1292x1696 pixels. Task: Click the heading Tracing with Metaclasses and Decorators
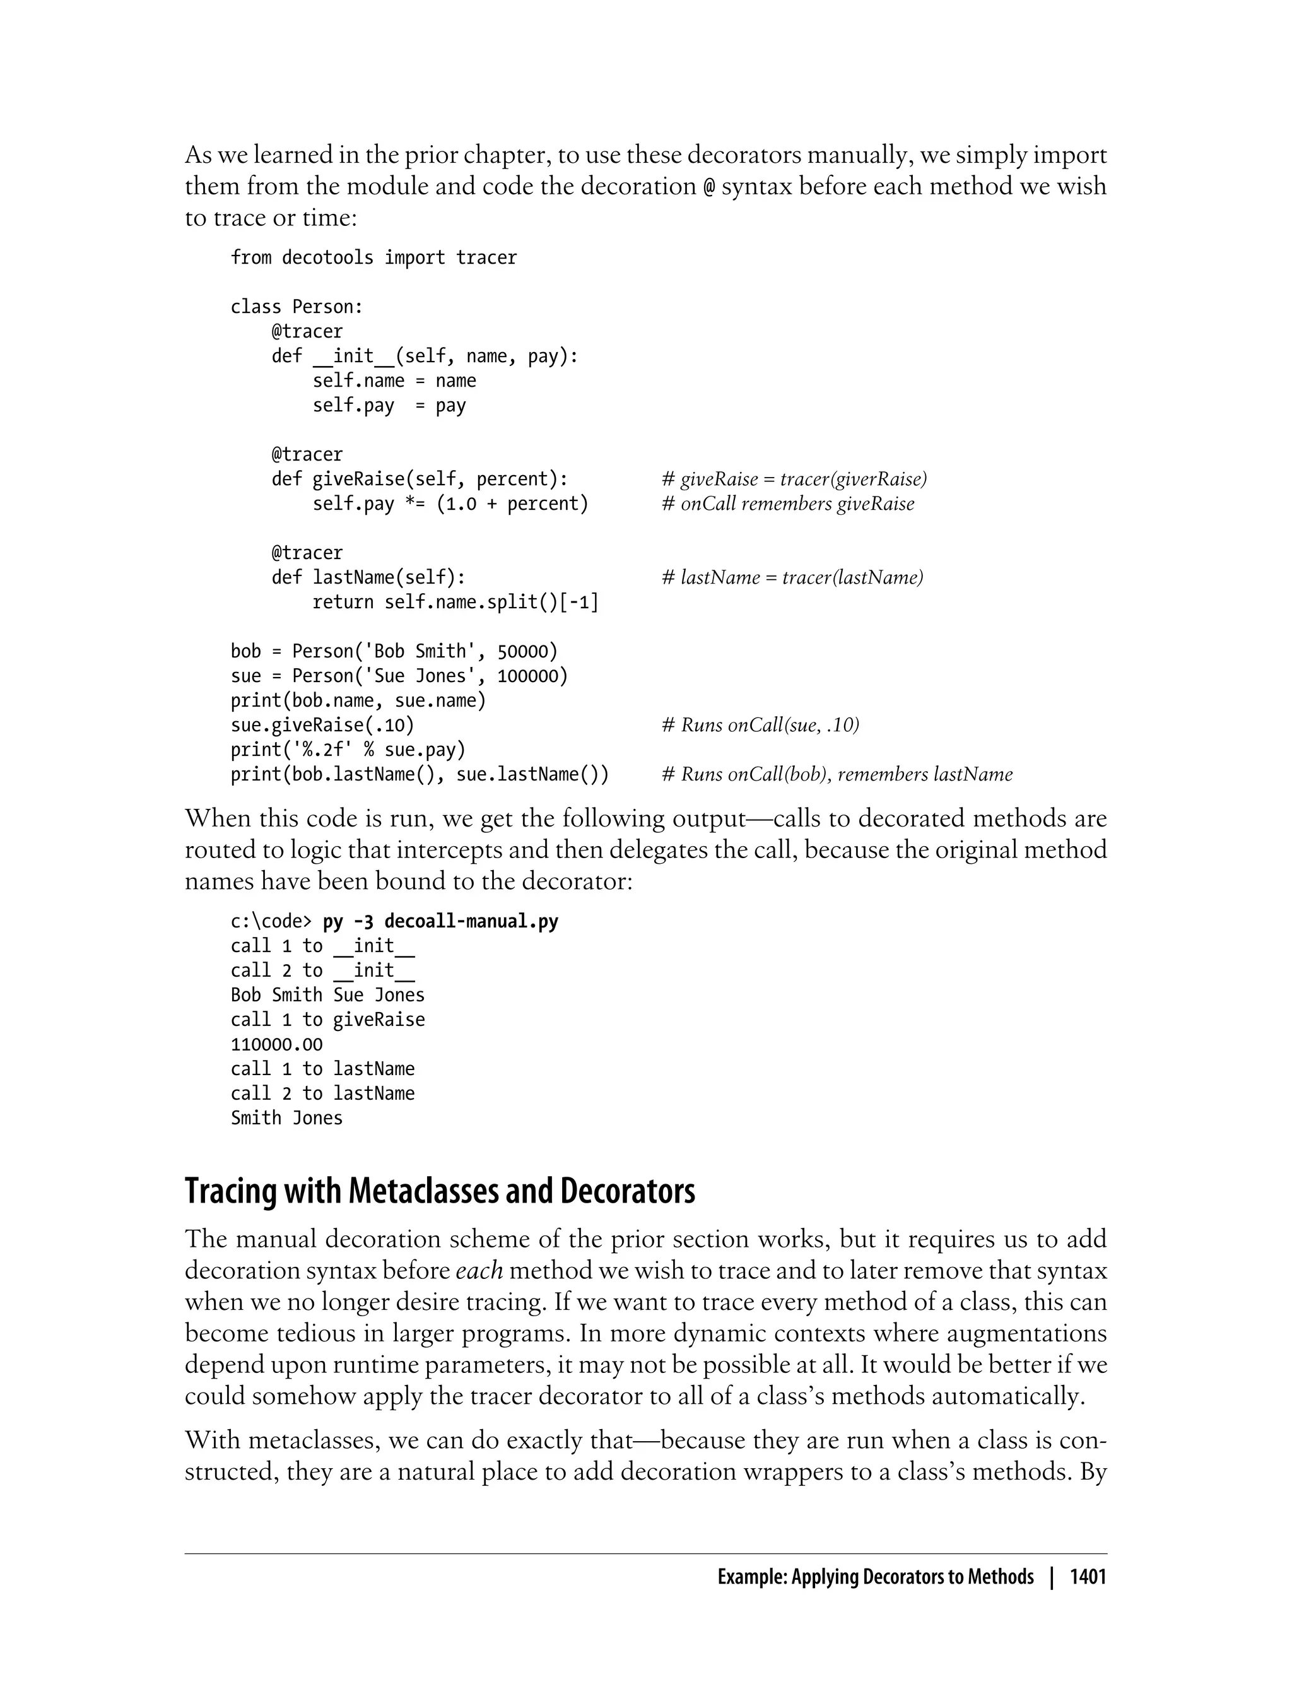(440, 1191)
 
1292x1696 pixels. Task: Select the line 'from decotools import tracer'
(373, 257)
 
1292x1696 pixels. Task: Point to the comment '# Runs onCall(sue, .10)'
(760, 726)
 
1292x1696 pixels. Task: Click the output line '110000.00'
(277, 1044)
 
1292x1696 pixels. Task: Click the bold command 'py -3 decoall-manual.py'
(441, 921)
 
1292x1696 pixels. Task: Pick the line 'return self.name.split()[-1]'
(455, 603)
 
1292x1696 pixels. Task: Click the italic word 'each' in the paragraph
(479, 1271)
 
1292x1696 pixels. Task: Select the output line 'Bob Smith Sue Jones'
(327, 995)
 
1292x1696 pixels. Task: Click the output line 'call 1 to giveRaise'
(327, 1020)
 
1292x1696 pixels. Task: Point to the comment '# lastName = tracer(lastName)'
(792, 578)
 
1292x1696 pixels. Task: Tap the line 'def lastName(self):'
(368, 578)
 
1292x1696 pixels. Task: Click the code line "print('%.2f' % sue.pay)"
(348, 750)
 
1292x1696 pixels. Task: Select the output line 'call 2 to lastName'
(323, 1093)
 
